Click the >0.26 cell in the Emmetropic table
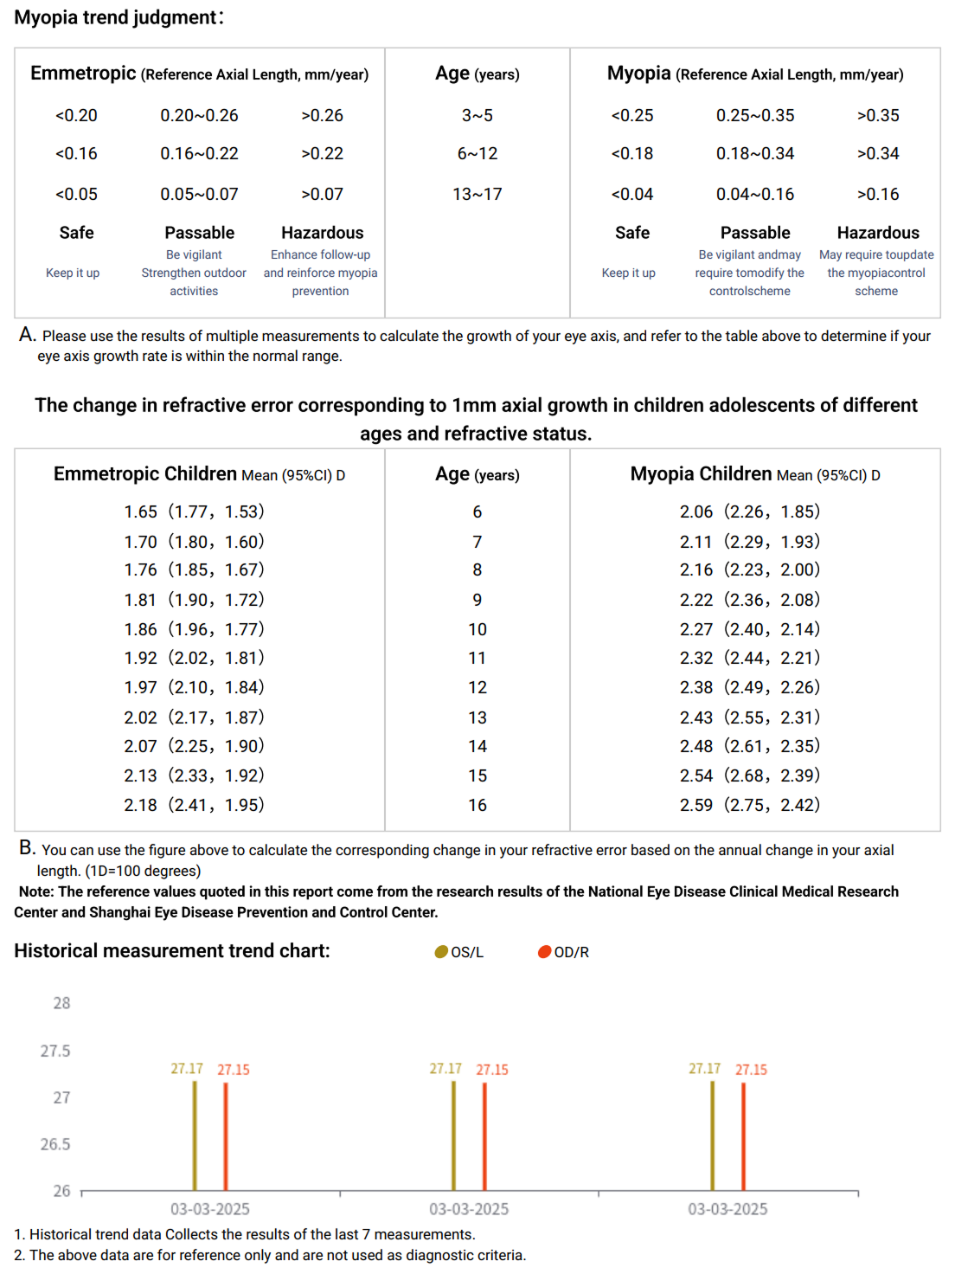pos(322,115)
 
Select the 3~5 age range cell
pos(477,115)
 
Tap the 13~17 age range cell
pos(477,194)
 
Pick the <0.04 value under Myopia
pos(631,194)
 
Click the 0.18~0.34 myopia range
pos(754,153)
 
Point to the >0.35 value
pos(877,115)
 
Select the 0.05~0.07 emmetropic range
pos(199,194)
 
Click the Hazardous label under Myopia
pos(877,233)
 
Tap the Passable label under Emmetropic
pos(199,233)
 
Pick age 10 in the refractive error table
pos(477,629)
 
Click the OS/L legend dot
pos(441,952)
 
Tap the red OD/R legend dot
pos(544,952)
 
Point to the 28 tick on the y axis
pos(61,1003)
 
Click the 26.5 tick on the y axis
pos(55,1144)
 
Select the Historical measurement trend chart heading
pos(171,951)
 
